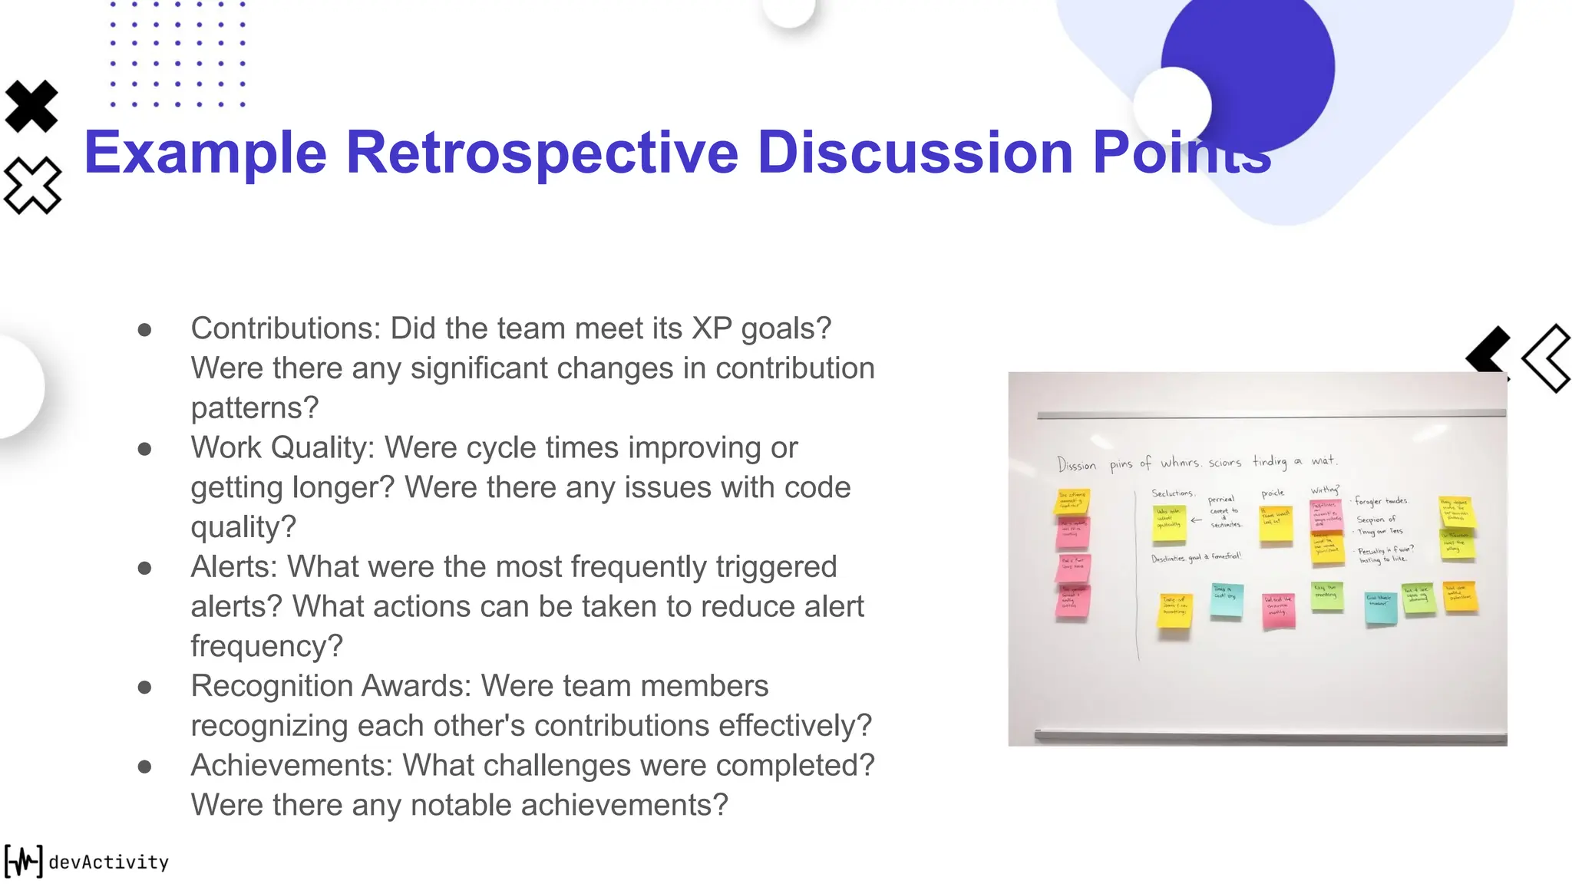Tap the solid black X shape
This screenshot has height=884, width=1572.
pos(31,106)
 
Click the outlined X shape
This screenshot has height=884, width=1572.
pos(31,185)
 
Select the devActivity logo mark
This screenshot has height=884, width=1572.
pos(23,861)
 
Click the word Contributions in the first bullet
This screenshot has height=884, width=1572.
pos(285,328)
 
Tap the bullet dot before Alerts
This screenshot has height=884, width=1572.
pos(144,568)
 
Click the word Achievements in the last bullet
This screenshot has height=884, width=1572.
pos(292,765)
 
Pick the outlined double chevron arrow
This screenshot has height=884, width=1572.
pos(1547,358)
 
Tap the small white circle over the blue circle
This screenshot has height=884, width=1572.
pos(1171,106)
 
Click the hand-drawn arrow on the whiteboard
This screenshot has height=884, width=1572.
pos(1196,520)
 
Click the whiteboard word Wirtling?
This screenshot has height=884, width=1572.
pos(1325,490)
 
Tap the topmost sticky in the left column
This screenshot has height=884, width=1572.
pos(1072,500)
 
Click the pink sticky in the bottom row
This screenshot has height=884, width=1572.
pos(1278,611)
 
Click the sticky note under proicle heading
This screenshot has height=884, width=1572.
pos(1276,522)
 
